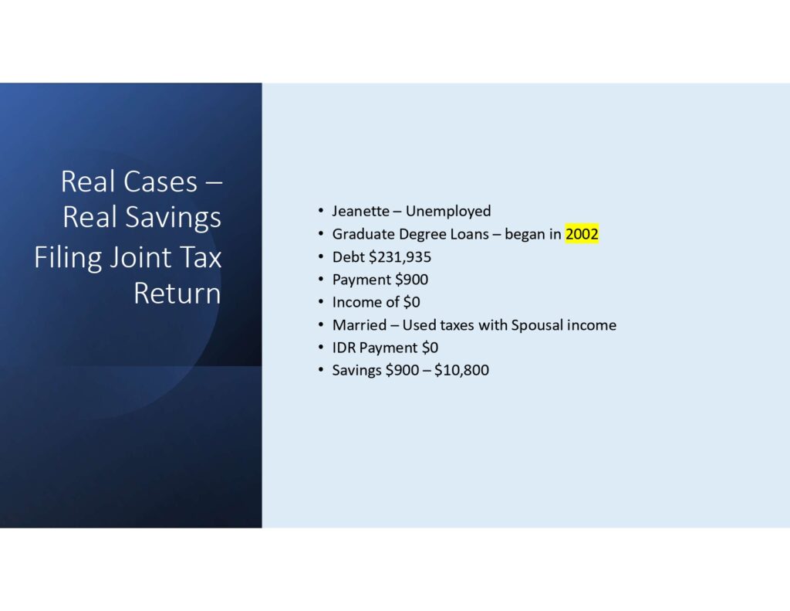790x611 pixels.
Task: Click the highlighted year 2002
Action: (582, 234)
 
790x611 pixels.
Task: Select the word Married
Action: (360, 325)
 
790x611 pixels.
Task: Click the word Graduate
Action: (363, 234)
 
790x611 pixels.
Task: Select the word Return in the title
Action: (177, 294)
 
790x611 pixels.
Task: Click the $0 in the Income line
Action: (412, 303)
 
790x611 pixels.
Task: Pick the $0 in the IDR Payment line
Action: (430, 348)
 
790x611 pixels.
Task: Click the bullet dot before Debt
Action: (320, 257)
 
